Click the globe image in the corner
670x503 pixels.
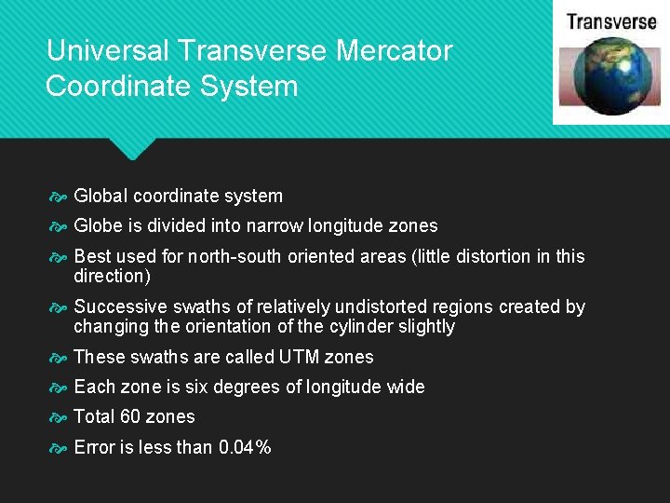pyautogui.click(x=609, y=75)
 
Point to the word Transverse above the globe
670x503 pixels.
pyautogui.click(x=611, y=21)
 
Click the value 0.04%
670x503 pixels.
pyautogui.click(x=245, y=447)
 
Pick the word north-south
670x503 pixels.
pyautogui.click(x=234, y=256)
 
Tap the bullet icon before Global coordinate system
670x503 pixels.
pyautogui.click(x=59, y=197)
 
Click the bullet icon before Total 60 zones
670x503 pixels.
pyautogui.click(x=59, y=417)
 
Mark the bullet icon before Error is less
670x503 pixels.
pyautogui.click(x=59, y=448)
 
